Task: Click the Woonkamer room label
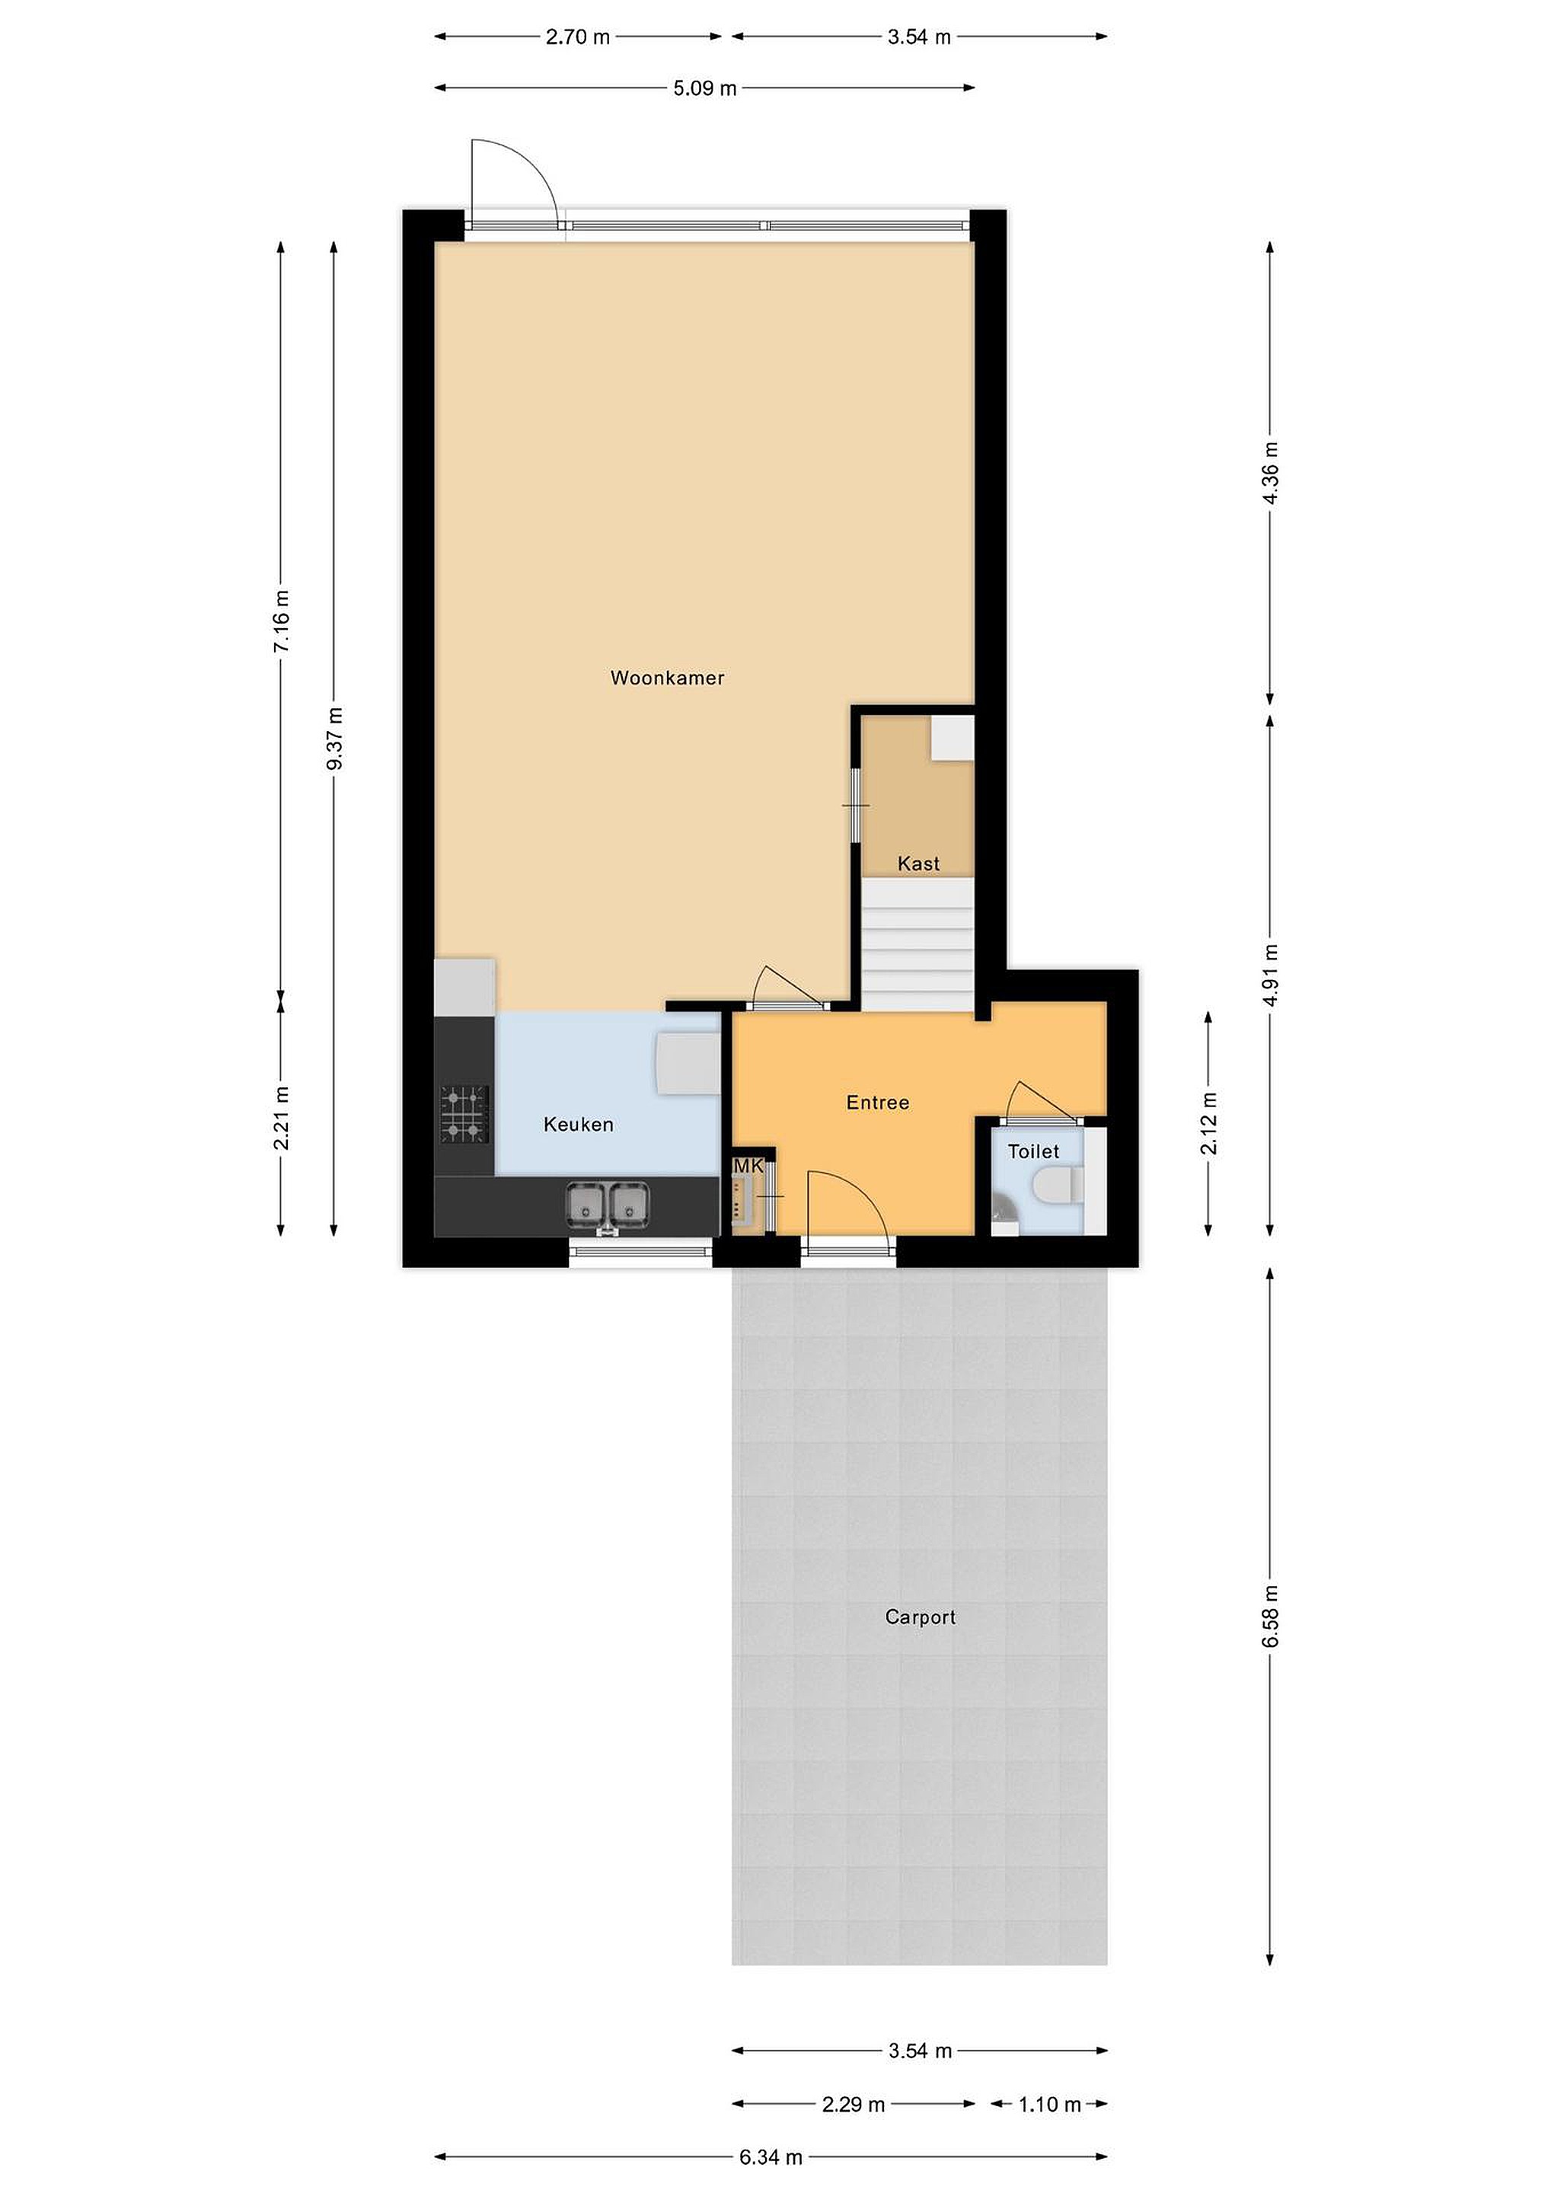coord(667,678)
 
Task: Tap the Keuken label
coord(578,1124)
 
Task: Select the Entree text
coord(878,1103)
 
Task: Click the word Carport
coord(920,1617)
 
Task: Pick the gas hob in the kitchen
coord(464,1115)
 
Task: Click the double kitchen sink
coord(608,1205)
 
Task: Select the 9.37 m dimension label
coord(334,739)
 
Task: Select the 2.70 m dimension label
coord(578,37)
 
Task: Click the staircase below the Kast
coord(918,943)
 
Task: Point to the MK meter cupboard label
coord(748,1167)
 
